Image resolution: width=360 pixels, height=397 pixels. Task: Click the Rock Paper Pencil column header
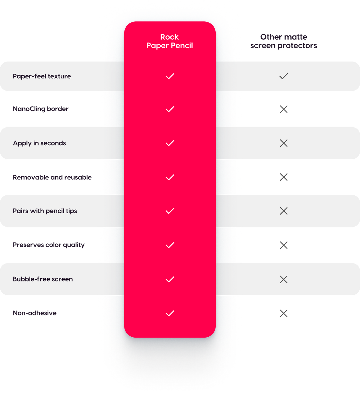point(169,41)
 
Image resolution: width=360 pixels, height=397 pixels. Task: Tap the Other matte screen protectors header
point(283,41)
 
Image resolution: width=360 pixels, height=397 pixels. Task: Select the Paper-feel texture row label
point(42,76)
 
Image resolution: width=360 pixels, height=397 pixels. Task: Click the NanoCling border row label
point(40,109)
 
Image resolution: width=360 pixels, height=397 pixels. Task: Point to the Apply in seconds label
point(39,143)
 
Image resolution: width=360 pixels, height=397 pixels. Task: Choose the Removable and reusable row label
point(52,177)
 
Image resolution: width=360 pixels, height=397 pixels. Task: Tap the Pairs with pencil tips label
point(45,211)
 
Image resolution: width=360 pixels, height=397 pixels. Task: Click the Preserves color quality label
point(49,245)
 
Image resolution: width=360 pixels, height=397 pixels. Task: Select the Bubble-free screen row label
point(43,279)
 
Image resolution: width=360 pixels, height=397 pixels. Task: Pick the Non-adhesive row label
point(34,313)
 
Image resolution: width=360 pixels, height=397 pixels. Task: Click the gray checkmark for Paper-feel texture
point(283,76)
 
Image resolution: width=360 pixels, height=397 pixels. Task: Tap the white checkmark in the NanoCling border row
point(170,109)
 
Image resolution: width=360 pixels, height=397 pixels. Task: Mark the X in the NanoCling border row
point(283,109)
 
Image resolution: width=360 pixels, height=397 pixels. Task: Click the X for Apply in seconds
point(283,143)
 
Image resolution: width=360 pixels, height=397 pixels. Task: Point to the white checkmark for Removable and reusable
point(170,177)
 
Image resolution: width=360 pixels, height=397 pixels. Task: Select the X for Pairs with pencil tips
point(283,211)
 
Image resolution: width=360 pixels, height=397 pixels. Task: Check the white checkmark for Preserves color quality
point(170,245)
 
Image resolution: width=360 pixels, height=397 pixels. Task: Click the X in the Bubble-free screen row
point(283,279)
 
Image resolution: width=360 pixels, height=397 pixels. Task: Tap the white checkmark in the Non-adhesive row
point(170,313)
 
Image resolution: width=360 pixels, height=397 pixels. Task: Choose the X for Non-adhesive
point(283,314)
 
